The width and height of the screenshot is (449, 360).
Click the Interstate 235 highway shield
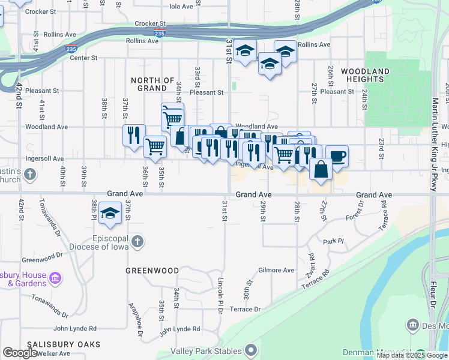click(159, 33)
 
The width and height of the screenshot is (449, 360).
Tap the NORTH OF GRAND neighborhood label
click(152, 84)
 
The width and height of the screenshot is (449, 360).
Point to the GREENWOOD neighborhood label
click(152, 271)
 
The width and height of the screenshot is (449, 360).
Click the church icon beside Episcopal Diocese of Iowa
click(137, 242)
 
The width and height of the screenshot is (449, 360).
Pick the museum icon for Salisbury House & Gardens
click(56, 278)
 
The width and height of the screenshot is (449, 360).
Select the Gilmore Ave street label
click(276, 270)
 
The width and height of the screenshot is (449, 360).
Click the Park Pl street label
click(333, 242)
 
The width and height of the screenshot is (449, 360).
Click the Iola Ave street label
click(181, 6)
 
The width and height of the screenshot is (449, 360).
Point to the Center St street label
click(83, 58)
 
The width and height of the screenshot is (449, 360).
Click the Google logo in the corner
click(20, 353)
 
